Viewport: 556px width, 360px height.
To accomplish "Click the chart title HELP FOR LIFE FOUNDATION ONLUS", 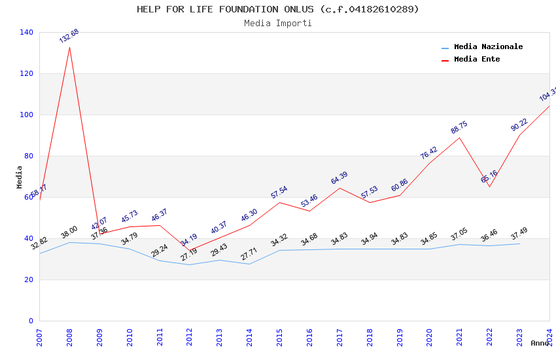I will pos(278,9).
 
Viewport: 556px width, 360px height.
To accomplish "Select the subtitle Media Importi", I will pos(278,23).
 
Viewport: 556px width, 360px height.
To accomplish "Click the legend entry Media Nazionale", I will pos(488,46).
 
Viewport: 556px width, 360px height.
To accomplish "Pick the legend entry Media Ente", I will pos(477,59).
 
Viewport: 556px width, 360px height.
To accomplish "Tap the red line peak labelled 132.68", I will pos(69,46).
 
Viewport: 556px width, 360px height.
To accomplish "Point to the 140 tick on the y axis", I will pos(27,32).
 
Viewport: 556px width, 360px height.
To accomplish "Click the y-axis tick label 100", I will pos(27,115).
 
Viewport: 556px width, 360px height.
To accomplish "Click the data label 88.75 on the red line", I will pos(459,127).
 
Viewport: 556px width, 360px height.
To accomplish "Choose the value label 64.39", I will pos(339,177).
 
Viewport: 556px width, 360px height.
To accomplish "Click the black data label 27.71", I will pos(249,255).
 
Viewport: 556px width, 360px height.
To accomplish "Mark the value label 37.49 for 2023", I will pos(519,234).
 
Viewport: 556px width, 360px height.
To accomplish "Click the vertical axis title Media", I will pos(19,177).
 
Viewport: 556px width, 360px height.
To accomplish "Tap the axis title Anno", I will pos(540,343).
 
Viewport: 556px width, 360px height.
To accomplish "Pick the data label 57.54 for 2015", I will pos(279,192).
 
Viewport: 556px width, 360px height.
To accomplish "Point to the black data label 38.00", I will pos(69,233).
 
